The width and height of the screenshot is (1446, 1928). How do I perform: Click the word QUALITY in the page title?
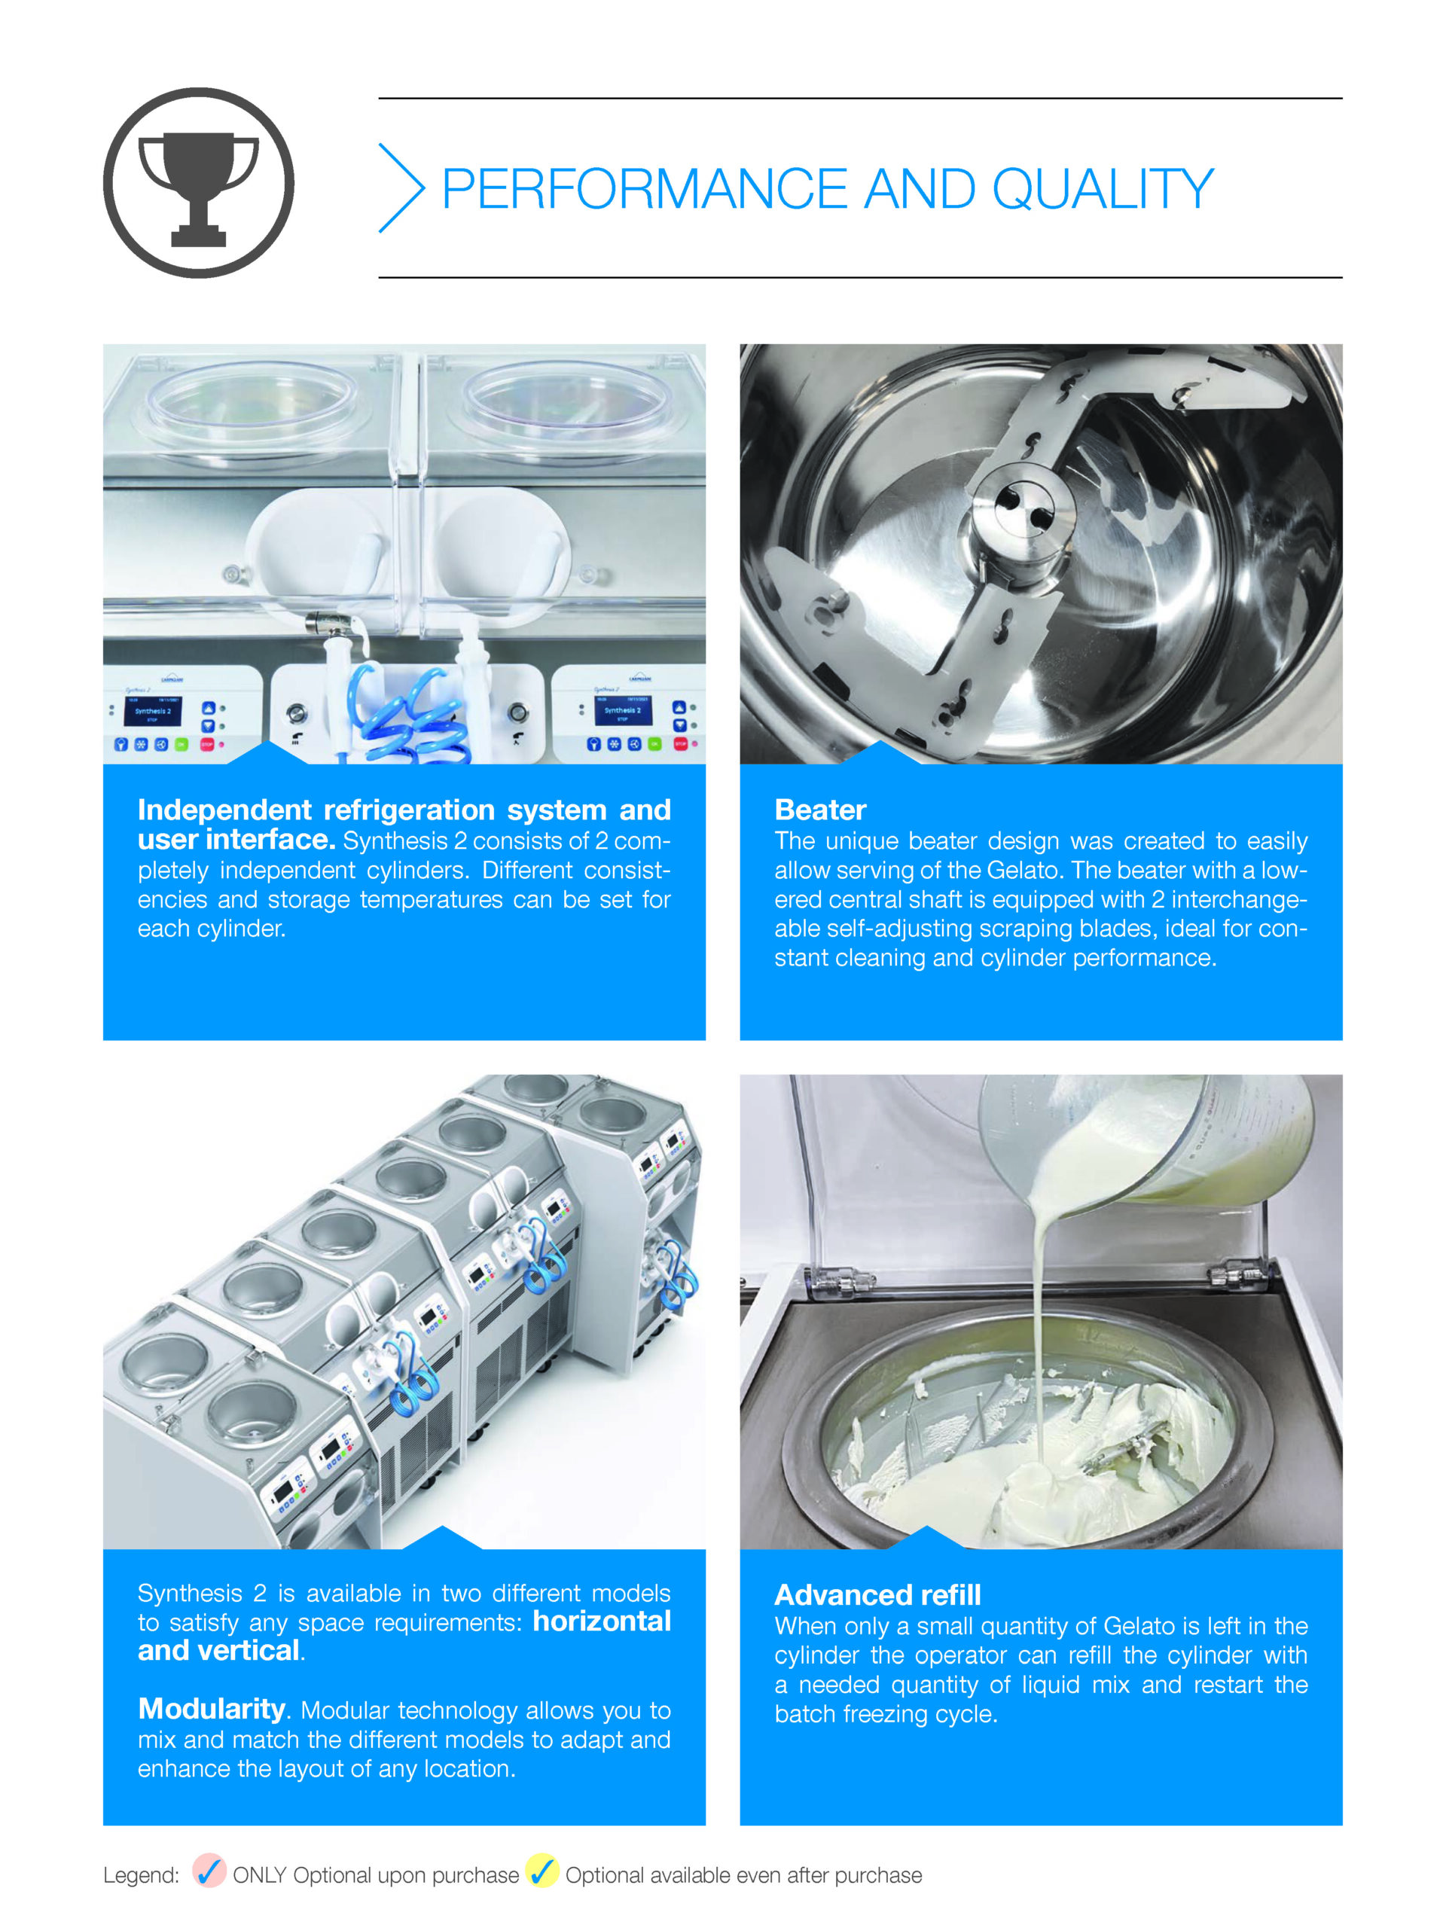pyautogui.click(x=1103, y=189)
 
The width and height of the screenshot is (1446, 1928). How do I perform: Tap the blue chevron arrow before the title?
pyautogui.click(x=401, y=188)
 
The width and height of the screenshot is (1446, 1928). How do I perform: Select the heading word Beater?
pyautogui.click(x=820, y=810)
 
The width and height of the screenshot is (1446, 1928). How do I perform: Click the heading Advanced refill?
pyautogui.click(x=877, y=1594)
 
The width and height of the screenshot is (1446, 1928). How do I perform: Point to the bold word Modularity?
pyautogui.click(x=212, y=1708)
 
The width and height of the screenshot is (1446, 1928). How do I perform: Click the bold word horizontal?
pyautogui.click(x=602, y=1621)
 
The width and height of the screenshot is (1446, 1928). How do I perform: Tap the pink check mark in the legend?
pyautogui.click(x=209, y=1871)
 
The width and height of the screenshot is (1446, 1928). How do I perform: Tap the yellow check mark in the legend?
pyautogui.click(x=542, y=1871)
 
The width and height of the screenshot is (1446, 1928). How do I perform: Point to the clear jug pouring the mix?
pyautogui.click(x=1151, y=1137)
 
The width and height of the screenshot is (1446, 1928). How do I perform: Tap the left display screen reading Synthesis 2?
pyautogui.click(x=153, y=710)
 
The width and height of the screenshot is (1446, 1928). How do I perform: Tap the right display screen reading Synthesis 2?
pyautogui.click(x=621, y=709)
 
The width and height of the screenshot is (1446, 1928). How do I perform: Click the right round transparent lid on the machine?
pyautogui.click(x=569, y=399)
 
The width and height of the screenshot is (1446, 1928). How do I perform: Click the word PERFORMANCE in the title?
pyautogui.click(x=645, y=189)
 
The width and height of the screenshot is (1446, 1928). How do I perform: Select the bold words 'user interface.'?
pyautogui.click(x=236, y=840)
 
